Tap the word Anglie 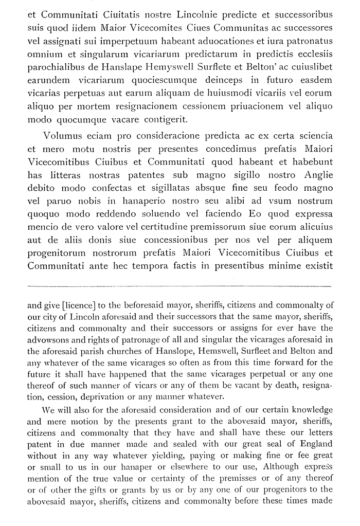tap(317, 174)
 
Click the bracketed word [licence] tap(80, 305)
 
